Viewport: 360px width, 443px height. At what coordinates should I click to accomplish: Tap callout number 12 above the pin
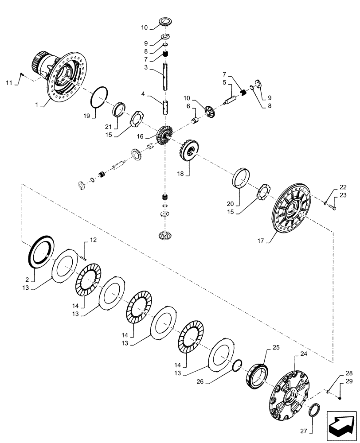coord(93,240)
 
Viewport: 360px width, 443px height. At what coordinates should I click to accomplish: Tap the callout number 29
coord(349,381)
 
